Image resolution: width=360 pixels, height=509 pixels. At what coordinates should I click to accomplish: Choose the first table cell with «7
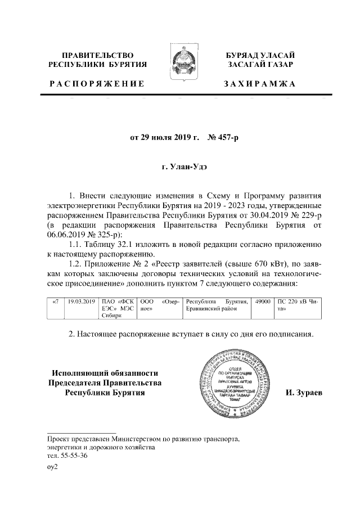click(x=55, y=302)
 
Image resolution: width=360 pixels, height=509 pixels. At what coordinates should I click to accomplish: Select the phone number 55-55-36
click(x=73, y=456)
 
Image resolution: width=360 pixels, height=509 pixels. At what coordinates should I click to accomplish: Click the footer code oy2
click(x=52, y=466)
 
